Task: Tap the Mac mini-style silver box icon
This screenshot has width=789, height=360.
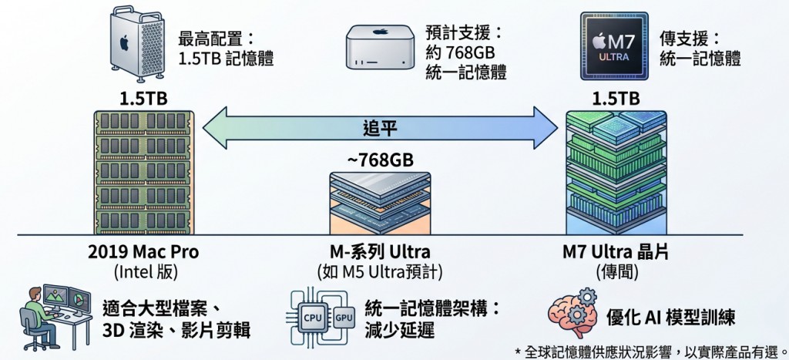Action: point(379,47)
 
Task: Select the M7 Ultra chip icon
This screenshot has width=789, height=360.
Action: point(613,46)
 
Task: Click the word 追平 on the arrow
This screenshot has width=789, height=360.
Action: point(380,128)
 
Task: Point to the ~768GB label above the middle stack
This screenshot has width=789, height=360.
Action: point(380,160)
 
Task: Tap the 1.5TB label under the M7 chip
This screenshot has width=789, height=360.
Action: point(616,99)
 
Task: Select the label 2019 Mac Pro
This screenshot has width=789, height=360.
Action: point(143,252)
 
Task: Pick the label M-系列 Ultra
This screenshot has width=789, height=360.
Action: point(380,252)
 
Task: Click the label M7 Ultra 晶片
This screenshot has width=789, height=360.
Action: point(616,251)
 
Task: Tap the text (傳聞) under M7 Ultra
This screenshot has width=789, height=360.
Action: point(617,272)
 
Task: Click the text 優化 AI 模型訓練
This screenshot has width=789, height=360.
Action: point(671,318)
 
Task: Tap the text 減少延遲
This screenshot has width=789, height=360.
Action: point(400,330)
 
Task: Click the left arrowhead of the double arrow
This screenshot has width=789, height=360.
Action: point(215,128)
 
